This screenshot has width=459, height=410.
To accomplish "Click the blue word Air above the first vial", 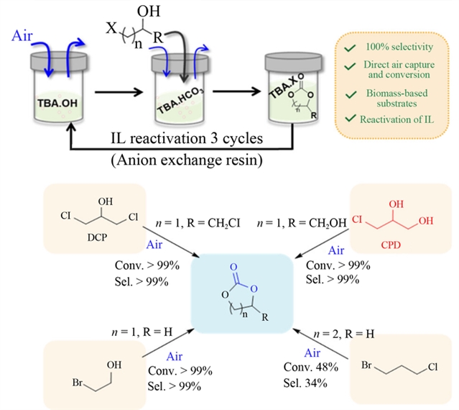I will tap(22, 34).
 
